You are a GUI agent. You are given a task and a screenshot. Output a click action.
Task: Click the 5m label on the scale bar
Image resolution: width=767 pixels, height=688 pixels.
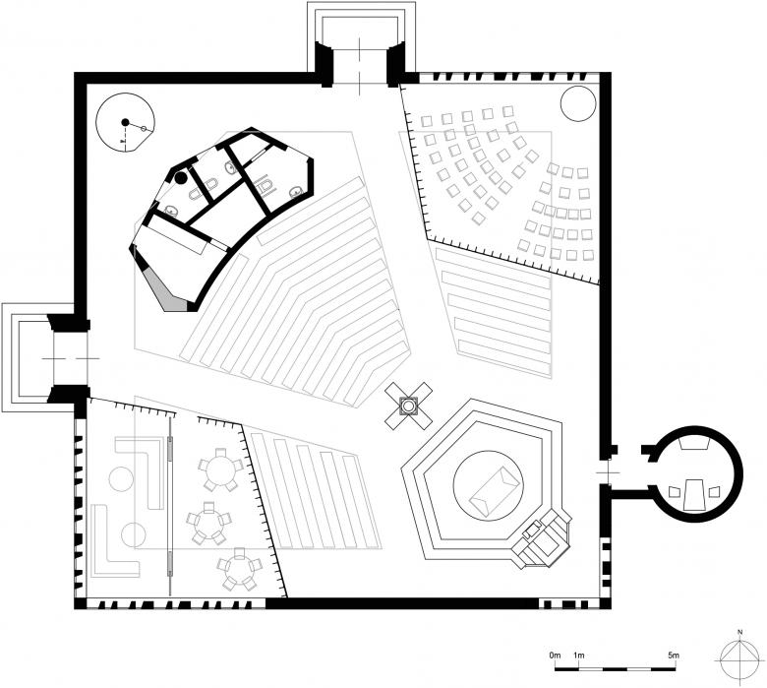click(x=674, y=655)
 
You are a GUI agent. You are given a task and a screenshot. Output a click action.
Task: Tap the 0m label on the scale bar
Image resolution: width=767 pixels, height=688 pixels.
click(x=555, y=655)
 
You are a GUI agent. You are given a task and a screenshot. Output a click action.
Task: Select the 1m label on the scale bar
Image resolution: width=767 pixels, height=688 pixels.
click(x=578, y=655)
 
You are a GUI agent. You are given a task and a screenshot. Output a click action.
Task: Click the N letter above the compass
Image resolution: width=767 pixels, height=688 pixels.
click(x=740, y=633)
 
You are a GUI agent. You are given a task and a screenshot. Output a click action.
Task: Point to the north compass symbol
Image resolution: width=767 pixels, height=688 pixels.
click(x=740, y=659)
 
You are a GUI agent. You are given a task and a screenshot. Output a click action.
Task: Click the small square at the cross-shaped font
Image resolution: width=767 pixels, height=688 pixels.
click(x=408, y=406)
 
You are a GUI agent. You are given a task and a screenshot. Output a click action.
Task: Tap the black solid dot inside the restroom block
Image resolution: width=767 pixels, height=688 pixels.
click(x=181, y=178)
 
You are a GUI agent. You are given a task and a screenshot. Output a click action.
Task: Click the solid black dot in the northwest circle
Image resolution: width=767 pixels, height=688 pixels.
click(x=125, y=122)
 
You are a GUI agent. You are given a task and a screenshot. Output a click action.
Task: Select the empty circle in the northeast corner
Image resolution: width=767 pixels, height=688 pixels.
click(x=578, y=103)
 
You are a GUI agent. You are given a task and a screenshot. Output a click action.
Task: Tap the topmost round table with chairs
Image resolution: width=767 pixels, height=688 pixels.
click(x=220, y=469)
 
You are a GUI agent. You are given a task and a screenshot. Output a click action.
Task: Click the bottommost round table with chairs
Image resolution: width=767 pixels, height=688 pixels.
click(x=239, y=570)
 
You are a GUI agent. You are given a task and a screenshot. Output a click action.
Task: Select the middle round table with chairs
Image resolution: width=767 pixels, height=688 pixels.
click(x=209, y=523)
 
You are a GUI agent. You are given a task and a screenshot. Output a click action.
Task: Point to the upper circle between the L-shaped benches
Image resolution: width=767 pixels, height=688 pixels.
click(x=121, y=479)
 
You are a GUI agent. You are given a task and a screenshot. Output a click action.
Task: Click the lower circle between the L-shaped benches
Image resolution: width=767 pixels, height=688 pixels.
click(x=134, y=534)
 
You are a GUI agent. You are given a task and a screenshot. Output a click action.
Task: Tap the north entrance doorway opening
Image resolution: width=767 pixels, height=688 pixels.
click(x=360, y=68)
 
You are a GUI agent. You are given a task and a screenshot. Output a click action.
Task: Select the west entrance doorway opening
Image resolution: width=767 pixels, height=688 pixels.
click(x=70, y=358)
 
